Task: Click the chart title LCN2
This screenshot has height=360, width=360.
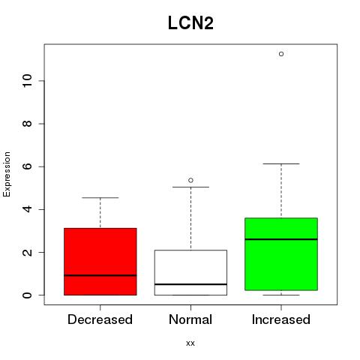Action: [190, 23]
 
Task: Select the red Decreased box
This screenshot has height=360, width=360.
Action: [100, 262]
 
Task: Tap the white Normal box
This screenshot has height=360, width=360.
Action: [190, 272]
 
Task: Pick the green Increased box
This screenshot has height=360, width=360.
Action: [281, 254]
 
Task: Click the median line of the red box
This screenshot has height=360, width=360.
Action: [100, 275]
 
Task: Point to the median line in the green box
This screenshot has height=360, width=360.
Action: [281, 239]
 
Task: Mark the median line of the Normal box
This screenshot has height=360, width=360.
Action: [190, 284]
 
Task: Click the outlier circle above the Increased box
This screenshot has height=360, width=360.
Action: [281, 54]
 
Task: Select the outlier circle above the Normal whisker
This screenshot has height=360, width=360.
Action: [190, 180]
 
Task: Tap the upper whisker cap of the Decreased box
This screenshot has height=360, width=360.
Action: [100, 198]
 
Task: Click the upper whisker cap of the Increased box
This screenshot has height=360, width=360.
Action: [281, 163]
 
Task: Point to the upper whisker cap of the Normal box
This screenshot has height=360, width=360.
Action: [190, 187]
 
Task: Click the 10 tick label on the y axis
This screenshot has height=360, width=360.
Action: [27, 81]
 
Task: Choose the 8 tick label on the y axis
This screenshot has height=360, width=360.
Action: [27, 124]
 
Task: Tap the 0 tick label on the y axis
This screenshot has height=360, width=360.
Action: [27, 295]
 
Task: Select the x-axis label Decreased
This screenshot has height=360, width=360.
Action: [100, 319]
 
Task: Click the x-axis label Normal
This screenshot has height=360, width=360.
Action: [190, 319]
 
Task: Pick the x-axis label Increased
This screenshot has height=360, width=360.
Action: [281, 319]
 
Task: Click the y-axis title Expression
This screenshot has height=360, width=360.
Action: [7, 174]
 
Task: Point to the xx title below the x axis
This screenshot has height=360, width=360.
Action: [190, 343]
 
